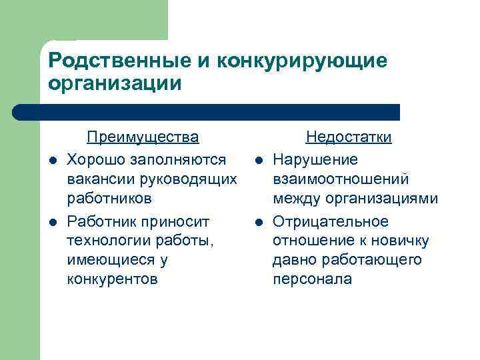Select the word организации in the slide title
[115, 84]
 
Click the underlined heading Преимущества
[143, 137]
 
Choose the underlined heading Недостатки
[348, 137]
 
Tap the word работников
[109, 199]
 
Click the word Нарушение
[315, 159]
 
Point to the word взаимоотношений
[341, 179]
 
